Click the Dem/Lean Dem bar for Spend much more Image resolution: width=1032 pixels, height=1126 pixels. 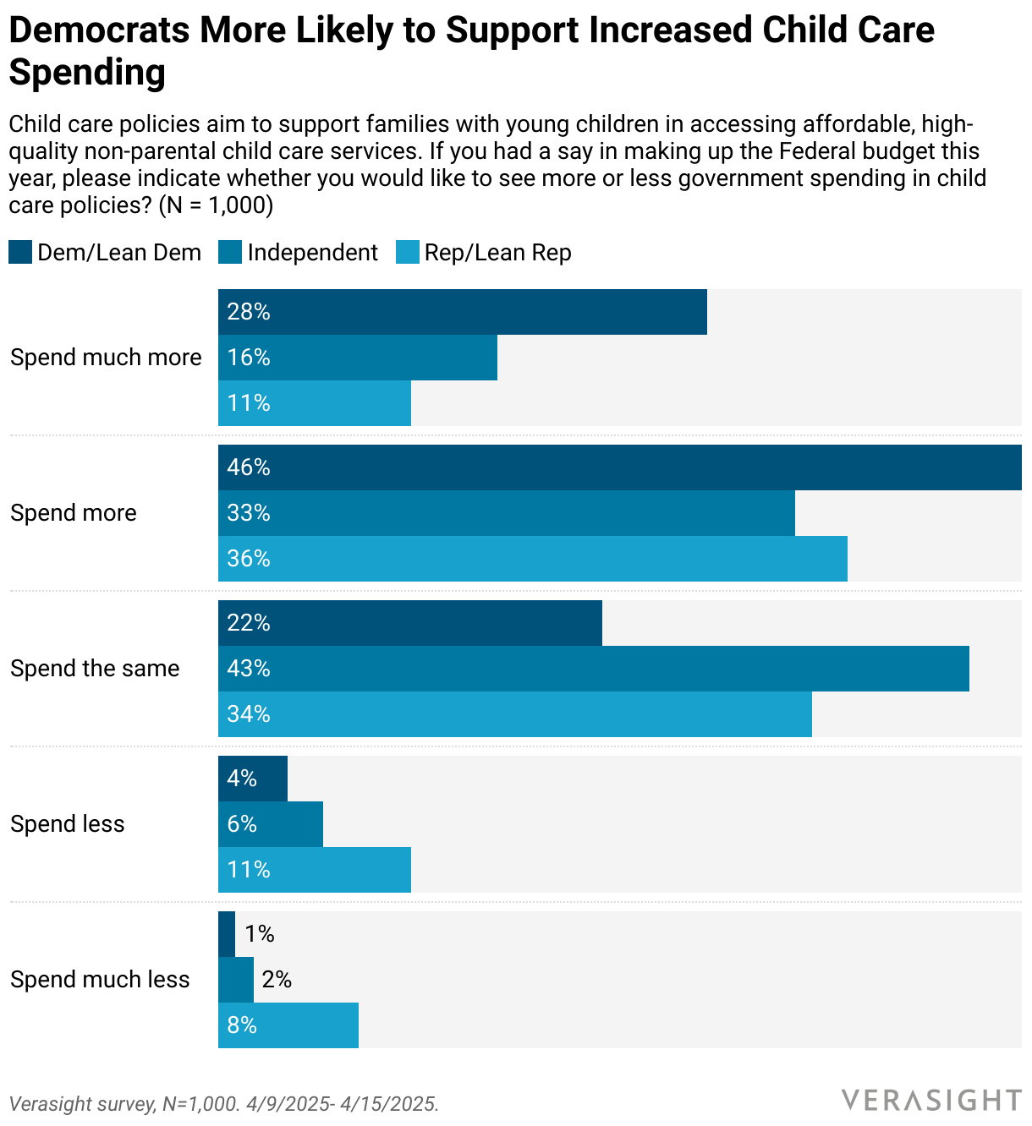tap(462, 312)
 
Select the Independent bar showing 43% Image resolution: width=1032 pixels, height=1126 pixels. tap(593, 669)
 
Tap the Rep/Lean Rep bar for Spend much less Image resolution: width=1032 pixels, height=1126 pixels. tap(288, 1025)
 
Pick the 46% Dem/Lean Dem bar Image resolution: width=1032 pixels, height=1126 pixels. tap(619, 467)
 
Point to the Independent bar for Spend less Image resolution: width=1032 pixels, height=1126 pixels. tap(271, 824)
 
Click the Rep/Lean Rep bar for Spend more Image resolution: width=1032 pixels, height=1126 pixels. tap(532, 559)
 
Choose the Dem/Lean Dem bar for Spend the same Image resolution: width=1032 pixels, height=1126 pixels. tap(409, 623)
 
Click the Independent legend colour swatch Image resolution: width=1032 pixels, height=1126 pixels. tap(230, 252)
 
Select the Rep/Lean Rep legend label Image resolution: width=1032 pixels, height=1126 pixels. tap(497, 253)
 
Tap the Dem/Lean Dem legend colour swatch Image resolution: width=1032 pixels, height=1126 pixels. tap(20, 252)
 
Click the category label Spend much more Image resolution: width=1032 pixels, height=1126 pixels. tap(106, 358)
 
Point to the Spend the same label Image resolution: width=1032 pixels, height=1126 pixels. tap(95, 669)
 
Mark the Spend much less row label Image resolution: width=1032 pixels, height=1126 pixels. tap(100, 980)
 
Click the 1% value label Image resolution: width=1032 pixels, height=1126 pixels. tap(259, 934)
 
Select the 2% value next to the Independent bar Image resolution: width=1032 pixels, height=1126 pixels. tap(277, 980)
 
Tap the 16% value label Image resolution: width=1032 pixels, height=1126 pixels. tap(249, 358)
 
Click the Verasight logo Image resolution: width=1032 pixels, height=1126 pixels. tap(930, 1100)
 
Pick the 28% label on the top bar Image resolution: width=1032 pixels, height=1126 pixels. tap(249, 312)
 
